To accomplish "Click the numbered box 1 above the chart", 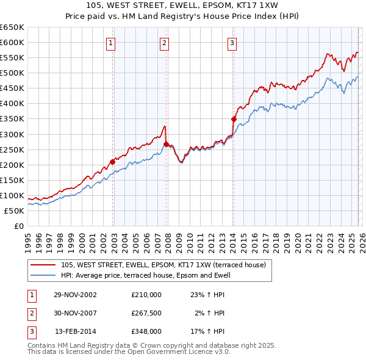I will [x=110, y=43].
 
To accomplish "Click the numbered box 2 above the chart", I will [x=165, y=43].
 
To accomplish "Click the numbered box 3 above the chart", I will [x=232, y=43].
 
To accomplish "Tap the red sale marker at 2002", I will [x=113, y=162].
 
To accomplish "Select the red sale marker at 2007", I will [x=167, y=144].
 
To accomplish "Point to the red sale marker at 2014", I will [x=234, y=119].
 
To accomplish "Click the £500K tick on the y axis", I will [x=12, y=73].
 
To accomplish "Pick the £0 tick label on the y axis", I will [x=18, y=226].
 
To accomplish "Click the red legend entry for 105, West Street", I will [x=163, y=265].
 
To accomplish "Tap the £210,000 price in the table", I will [x=146, y=294].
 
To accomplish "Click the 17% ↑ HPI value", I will [x=208, y=331].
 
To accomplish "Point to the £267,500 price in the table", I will [x=146, y=313].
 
